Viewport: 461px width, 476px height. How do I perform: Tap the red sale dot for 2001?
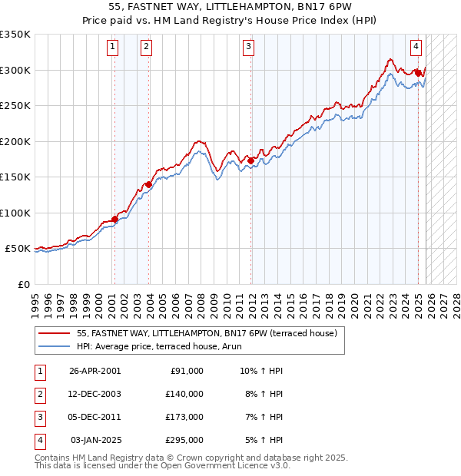(x=114, y=219)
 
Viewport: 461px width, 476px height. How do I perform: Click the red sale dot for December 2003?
(x=148, y=184)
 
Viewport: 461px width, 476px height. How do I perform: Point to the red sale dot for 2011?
(x=250, y=160)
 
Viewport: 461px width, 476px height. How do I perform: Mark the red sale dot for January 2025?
(x=418, y=73)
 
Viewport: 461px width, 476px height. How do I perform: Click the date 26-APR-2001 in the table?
(x=95, y=371)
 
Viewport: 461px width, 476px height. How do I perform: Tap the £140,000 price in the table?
(x=184, y=394)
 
